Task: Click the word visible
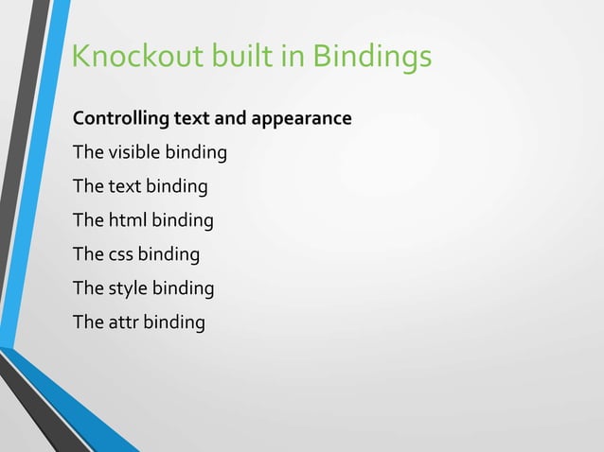pos(135,152)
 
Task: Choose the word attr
pos(124,322)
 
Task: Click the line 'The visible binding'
pos(150,152)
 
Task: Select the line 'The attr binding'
pos(138,322)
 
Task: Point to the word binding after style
pos(184,288)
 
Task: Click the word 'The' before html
pos(88,220)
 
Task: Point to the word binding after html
pos(183,220)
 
